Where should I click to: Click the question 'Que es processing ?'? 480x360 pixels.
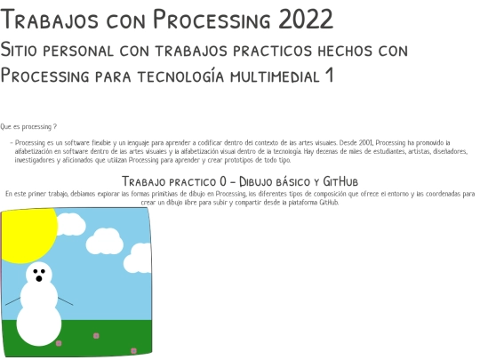[x=29, y=128]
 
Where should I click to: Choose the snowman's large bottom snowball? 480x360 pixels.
[x=39, y=324]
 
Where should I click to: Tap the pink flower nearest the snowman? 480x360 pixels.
[x=59, y=342]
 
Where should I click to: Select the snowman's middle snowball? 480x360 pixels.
[x=39, y=295]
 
